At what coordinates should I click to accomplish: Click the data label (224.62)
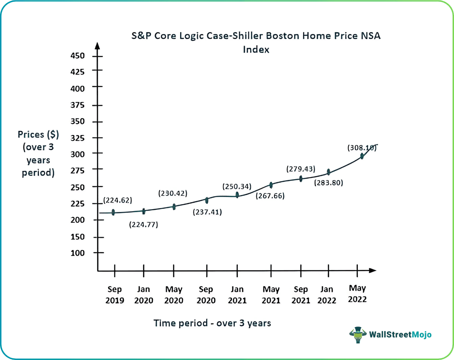117,200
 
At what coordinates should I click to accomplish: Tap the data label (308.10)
362,148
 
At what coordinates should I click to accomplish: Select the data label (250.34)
237,186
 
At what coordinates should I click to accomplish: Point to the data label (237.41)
207,212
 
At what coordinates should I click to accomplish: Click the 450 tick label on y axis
77,56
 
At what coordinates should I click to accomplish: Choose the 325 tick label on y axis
77,138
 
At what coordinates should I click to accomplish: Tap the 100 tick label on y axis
77,253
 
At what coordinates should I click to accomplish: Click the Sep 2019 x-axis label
115,295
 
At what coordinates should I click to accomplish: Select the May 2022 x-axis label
357,294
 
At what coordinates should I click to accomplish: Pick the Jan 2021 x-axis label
237,295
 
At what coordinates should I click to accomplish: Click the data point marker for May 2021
271,185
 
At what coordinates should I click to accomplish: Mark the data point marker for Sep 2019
113,212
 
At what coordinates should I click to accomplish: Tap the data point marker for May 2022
362,156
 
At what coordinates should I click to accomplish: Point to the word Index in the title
256,49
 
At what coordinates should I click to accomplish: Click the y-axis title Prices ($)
38,135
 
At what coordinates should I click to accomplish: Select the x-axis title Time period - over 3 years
212,323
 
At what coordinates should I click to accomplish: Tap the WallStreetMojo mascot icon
357,335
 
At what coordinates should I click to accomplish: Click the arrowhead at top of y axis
97,45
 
